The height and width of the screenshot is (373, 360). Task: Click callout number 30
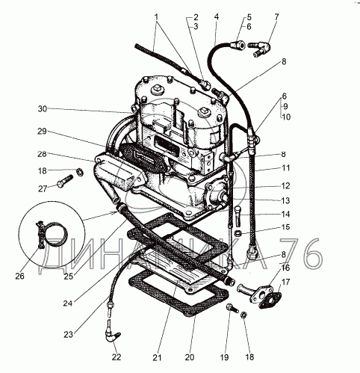coord(43,109)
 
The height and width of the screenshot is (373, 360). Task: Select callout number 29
coord(42,132)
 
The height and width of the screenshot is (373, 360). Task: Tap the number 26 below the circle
coord(20,276)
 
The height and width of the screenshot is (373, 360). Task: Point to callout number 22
coord(117,357)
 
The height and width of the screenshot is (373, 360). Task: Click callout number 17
coord(286,282)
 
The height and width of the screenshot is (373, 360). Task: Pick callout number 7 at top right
coord(277,17)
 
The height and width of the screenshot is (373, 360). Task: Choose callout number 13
coord(285,200)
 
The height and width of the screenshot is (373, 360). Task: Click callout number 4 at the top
coord(217,17)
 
